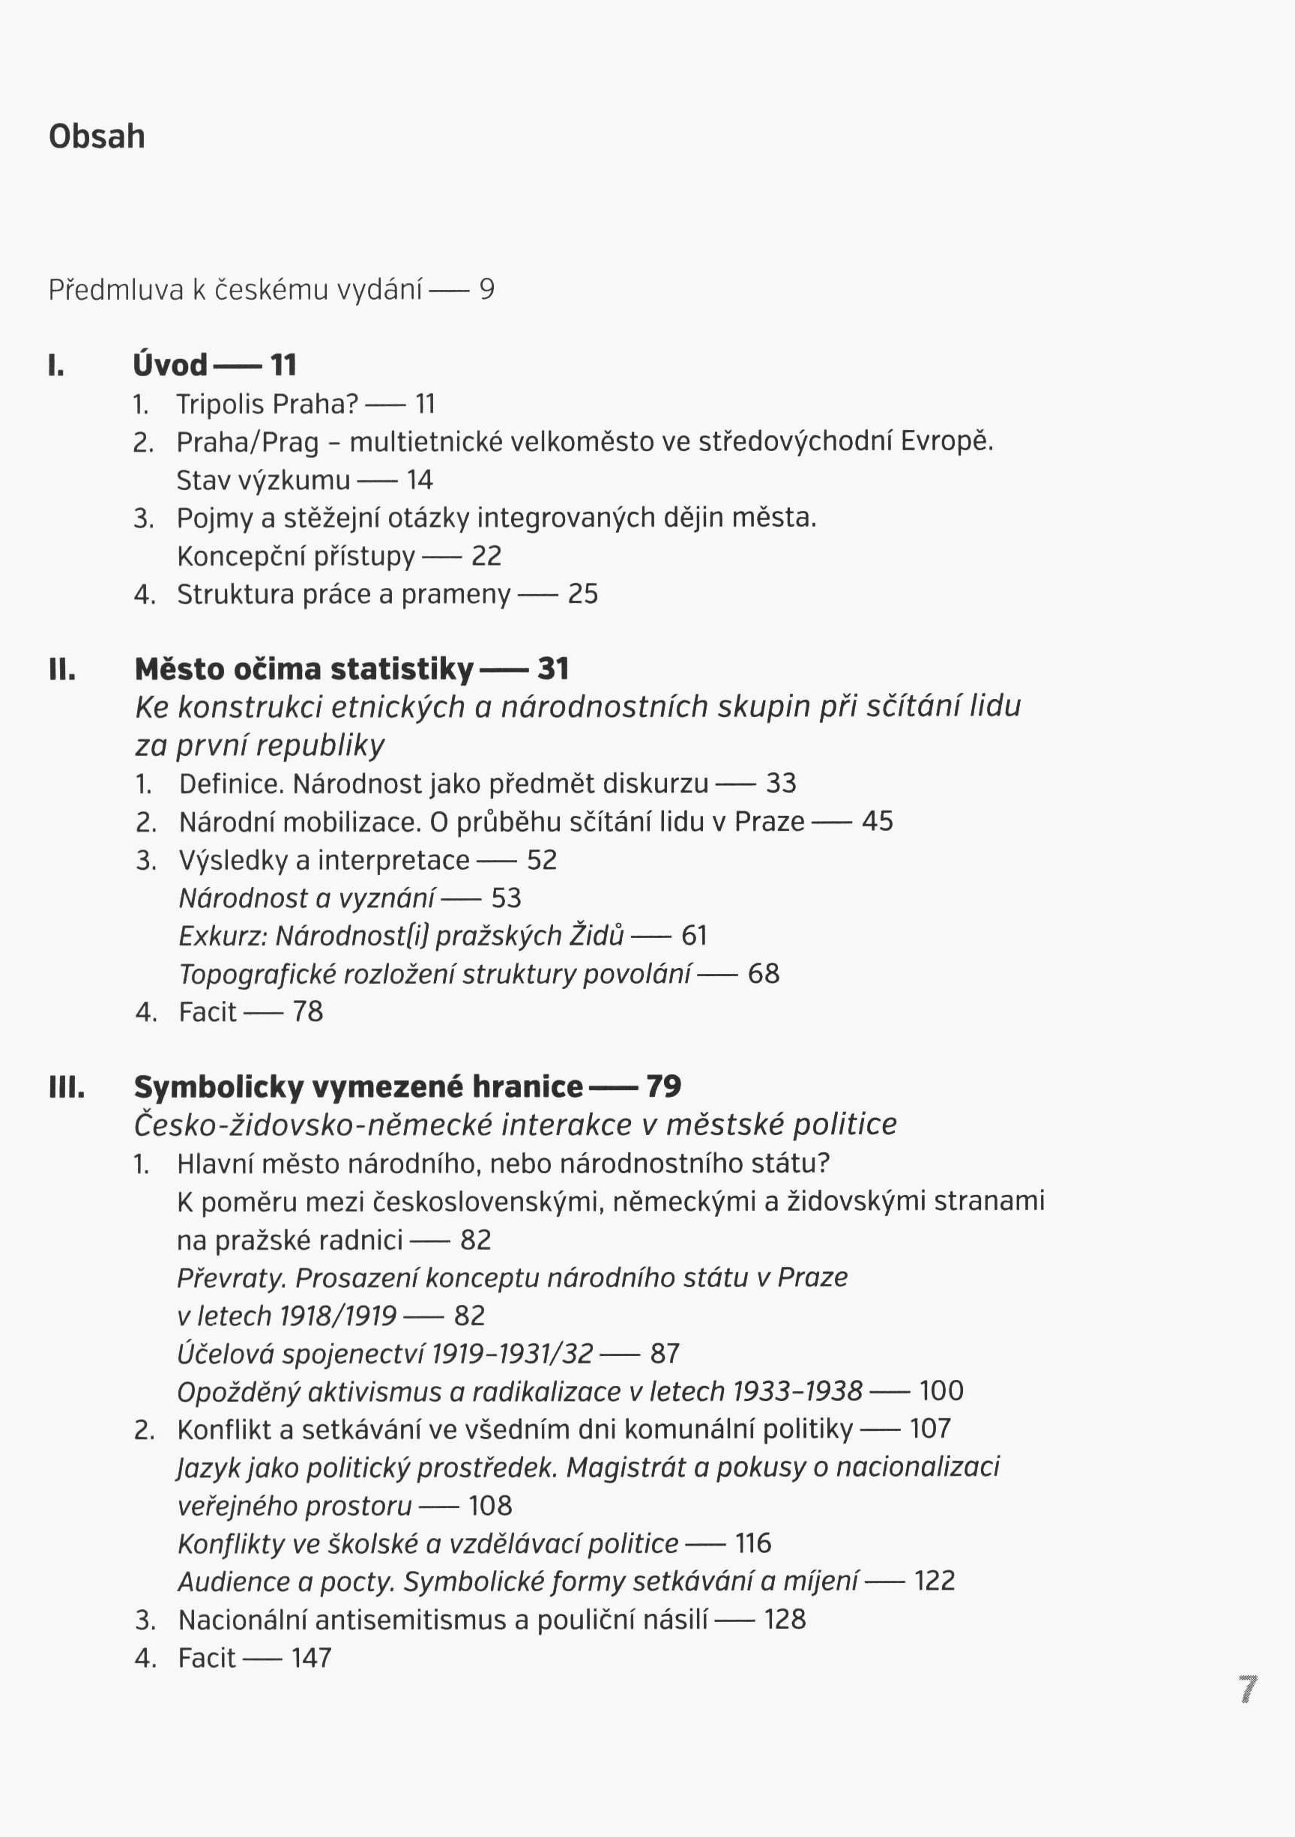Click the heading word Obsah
click(x=97, y=137)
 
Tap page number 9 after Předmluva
click(x=486, y=289)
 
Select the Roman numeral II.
click(x=62, y=670)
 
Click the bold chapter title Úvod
click(x=170, y=366)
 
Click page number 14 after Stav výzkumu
click(x=420, y=480)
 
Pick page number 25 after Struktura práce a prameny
click(x=582, y=594)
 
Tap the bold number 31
click(x=553, y=669)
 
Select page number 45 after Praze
click(x=878, y=822)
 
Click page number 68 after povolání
click(x=764, y=974)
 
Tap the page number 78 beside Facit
click(x=307, y=1012)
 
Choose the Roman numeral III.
click(x=67, y=1087)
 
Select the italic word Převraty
click(x=232, y=1278)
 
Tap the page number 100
click(x=941, y=1391)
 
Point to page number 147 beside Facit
click(x=311, y=1658)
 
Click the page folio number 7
click(x=1248, y=1689)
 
